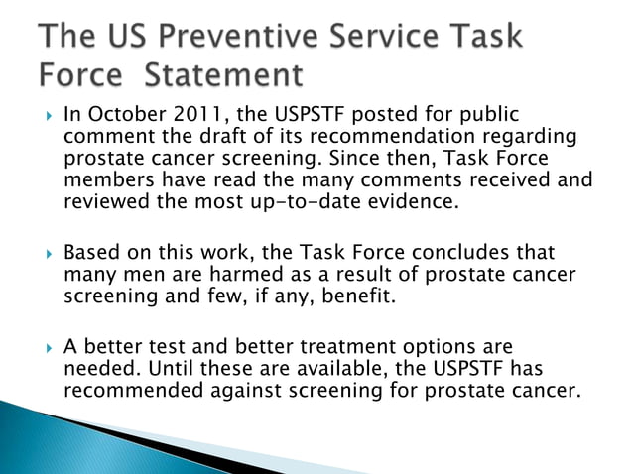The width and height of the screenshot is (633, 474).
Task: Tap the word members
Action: coord(105,180)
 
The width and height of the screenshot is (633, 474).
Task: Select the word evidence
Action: coord(434,202)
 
